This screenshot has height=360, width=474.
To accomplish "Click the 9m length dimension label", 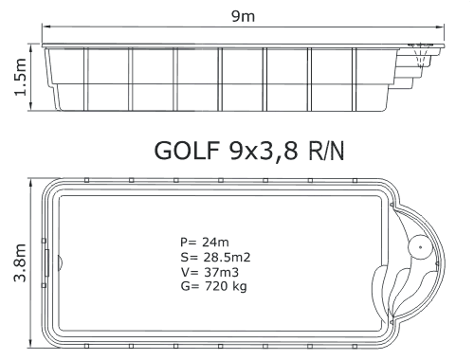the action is tap(243, 16).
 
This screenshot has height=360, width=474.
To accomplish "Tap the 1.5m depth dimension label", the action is tap(21, 77).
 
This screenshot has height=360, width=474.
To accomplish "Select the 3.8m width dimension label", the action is tap(20, 262).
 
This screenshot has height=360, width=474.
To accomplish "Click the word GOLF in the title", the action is tap(187, 151).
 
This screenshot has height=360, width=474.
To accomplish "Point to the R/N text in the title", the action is tap(326, 151).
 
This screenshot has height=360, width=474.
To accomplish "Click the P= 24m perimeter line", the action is tap(205, 243).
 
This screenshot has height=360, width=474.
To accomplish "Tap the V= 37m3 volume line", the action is tap(210, 272).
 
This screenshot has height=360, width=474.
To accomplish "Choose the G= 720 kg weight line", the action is tap(213, 286).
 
